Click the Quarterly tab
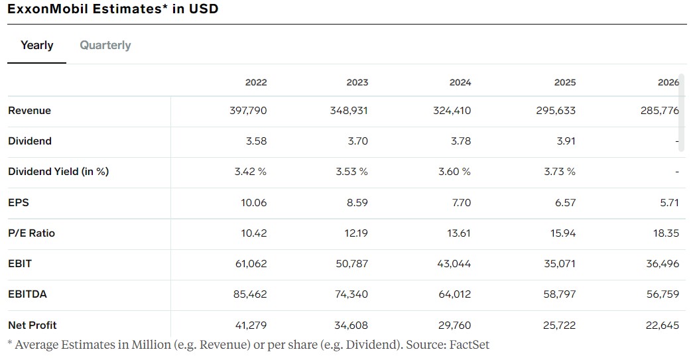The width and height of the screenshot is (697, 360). click(x=105, y=45)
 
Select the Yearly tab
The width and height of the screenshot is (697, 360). click(x=37, y=45)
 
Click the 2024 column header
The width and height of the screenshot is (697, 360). click(x=460, y=82)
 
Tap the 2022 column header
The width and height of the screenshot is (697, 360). click(x=256, y=82)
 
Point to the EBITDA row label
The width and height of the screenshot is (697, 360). click(x=28, y=294)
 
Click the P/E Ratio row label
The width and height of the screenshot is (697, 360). click(x=32, y=233)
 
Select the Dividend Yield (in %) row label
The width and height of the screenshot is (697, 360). click(x=58, y=172)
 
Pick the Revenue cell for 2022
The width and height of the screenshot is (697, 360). click(x=248, y=111)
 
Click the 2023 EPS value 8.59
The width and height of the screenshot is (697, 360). click(x=357, y=203)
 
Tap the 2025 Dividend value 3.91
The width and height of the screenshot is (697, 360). click(x=566, y=141)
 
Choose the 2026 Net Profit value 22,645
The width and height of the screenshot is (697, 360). click(x=663, y=326)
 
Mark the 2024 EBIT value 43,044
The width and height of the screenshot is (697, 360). click(x=454, y=264)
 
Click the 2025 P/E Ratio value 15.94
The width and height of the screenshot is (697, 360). click(x=563, y=233)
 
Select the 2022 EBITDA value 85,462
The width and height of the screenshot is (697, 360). click(x=250, y=294)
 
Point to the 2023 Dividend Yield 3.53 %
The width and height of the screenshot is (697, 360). click(x=351, y=172)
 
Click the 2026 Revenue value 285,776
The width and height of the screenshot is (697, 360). click(x=660, y=111)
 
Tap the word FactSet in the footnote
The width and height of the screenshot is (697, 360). click(x=469, y=345)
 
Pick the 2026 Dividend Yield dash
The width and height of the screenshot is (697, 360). click(x=677, y=172)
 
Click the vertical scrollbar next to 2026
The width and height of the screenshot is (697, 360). click(x=681, y=113)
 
